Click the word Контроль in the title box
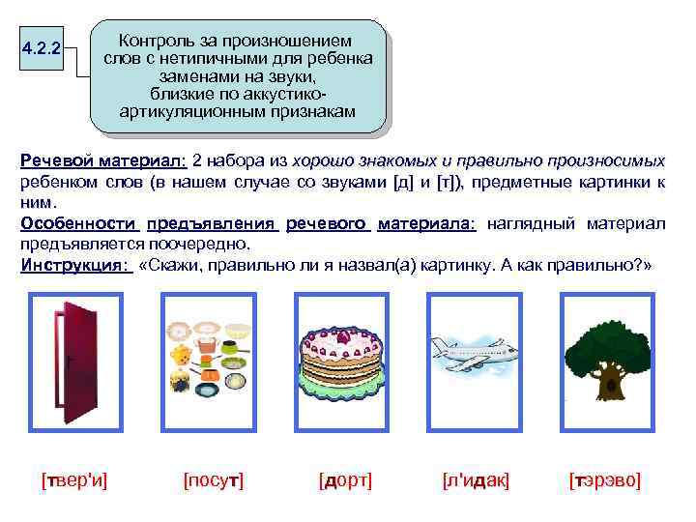(x=156, y=42)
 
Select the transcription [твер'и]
(x=75, y=480)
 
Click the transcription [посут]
(x=213, y=480)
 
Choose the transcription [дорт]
(x=345, y=480)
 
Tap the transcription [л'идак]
(x=476, y=480)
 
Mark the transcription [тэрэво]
(x=605, y=480)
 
